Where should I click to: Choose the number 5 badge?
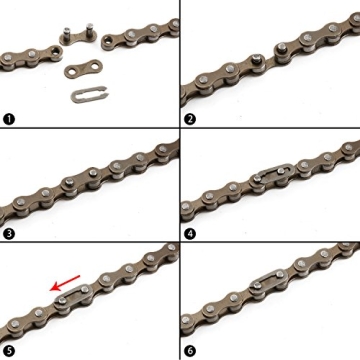(x=10, y=350)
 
